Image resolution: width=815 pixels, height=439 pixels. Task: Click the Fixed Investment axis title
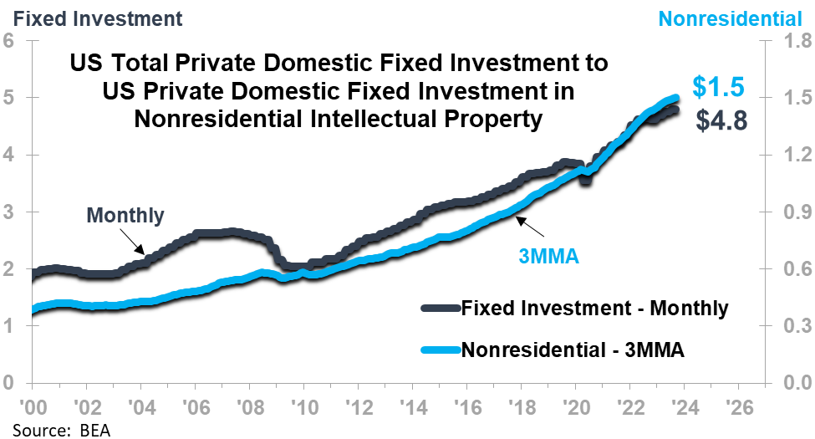[x=97, y=18]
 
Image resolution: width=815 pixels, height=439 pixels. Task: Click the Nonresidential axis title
[x=730, y=18]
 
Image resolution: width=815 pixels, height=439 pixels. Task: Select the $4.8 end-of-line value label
[x=722, y=120]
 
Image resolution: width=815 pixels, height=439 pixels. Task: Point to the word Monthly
[x=125, y=216]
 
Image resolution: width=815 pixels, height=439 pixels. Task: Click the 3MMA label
[x=548, y=258]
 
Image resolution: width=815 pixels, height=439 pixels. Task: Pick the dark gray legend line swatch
[x=441, y=308]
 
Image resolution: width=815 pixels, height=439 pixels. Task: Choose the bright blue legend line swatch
[x=441, y=350]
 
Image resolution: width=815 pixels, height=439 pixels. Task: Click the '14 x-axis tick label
[x=413, y=407]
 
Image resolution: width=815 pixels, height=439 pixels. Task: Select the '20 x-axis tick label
[x=577, y=407]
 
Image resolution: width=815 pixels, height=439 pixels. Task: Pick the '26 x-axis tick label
[x=740, y=407]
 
